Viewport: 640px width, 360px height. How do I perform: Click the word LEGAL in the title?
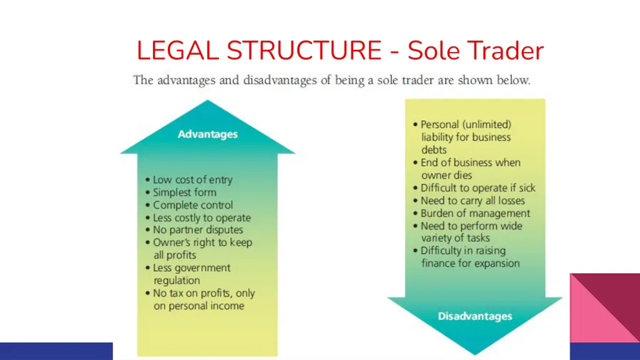point(178,51)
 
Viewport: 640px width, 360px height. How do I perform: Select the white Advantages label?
point(208,134)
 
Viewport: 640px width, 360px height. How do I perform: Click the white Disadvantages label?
point(475,317)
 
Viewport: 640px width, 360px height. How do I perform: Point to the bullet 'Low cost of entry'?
point(189,179)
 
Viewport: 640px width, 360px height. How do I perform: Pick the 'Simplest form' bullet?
point(181,192)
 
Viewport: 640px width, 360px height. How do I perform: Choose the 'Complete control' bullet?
point(189,205)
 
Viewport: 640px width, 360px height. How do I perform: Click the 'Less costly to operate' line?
point(198,218)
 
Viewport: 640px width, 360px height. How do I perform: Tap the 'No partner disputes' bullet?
point(194,230)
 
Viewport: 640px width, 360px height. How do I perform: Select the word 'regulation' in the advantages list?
point(177,280)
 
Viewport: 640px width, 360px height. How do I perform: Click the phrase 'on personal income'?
point(199,306)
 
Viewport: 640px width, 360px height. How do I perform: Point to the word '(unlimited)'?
point(486,125)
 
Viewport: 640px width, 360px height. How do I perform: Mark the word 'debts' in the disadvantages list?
point(434,150)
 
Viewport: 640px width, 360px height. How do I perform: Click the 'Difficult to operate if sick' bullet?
point(474,188)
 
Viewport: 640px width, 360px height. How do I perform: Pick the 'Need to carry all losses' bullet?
point(469,201)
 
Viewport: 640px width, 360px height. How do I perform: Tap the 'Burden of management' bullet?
point(472,213)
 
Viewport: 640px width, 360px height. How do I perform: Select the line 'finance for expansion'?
point(471,263)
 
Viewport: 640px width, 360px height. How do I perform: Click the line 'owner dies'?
point(447,175)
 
